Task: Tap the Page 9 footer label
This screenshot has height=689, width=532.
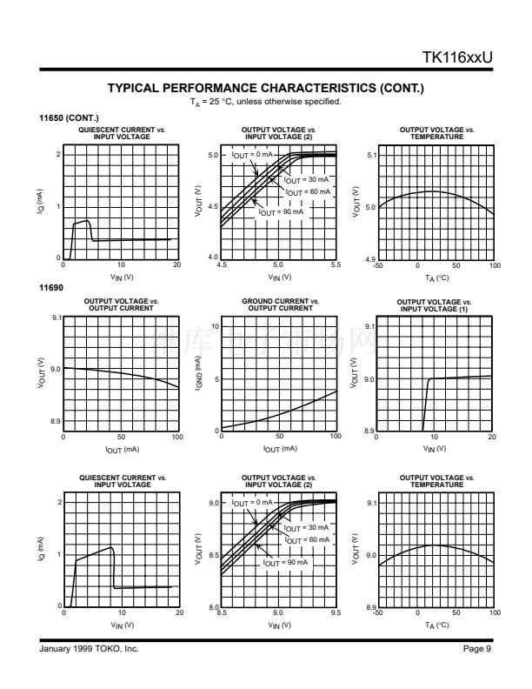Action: [x=479, y=649]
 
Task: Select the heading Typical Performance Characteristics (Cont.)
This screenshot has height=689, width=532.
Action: [x=265, y=89]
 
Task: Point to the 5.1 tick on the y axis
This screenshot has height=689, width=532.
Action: [x=371, y=156]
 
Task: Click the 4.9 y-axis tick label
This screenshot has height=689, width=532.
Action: [x=371, y=259]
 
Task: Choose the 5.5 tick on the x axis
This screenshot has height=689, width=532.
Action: [x=336, y=264]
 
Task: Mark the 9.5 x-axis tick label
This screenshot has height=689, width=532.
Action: [x=336, y=612]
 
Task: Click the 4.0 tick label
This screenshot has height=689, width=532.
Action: [x=213, y=258]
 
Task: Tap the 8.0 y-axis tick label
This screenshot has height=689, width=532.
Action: [x=213, y=606]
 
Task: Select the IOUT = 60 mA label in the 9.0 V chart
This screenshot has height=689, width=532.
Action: [x=308, y=540]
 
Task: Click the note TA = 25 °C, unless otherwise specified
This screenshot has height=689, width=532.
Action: [x=265, y=102]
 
